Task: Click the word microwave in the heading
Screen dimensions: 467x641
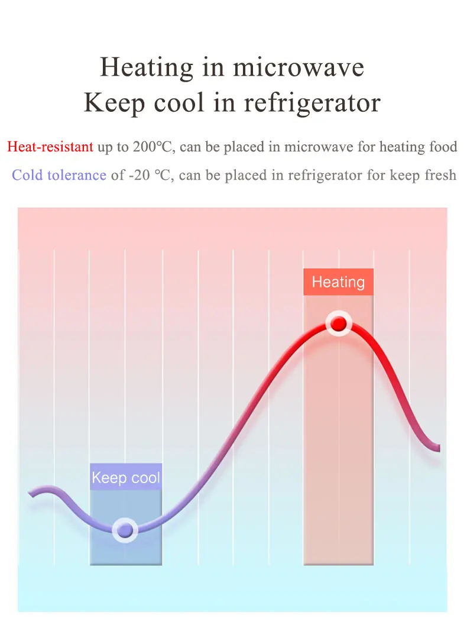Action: [x=299, y=67]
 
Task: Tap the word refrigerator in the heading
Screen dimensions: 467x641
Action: [x=312, y=103]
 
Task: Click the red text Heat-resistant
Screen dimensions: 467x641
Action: [x=50, y=146]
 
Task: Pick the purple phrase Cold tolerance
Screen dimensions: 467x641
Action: [x=59, y=175]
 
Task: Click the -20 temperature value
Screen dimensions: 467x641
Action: [x=139, y=175]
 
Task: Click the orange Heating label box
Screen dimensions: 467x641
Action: [x=338, y=281]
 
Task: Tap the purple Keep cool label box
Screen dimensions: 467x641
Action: [x=126, y=477]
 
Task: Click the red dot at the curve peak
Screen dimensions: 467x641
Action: [x=338, y=324]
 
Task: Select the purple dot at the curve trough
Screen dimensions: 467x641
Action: [x=125, y=530]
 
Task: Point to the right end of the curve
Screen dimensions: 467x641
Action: [x=439, y=448]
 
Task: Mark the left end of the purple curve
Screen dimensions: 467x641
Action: [x=30, y=493]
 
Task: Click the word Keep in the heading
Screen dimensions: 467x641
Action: [x=115, y=103]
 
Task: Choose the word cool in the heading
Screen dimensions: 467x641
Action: [x=179, y=103]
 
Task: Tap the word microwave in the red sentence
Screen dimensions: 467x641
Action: [x=319, y=146]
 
